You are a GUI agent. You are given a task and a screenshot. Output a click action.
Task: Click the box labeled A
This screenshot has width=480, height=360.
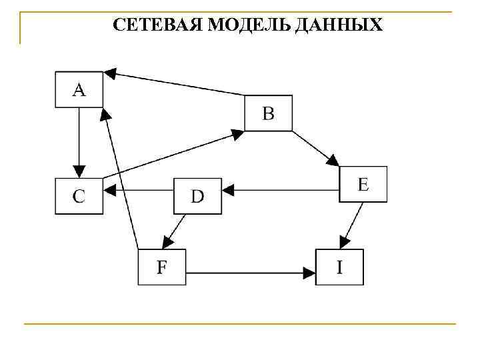(79, 89)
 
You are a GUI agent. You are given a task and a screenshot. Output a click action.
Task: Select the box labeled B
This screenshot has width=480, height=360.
(268, 113)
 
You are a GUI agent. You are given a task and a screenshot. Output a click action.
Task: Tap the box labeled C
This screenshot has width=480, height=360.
(79, 196)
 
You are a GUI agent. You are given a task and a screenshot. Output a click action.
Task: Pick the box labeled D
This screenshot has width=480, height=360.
(197, 196)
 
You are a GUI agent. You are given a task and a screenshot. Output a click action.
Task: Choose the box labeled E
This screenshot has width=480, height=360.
(363, 184)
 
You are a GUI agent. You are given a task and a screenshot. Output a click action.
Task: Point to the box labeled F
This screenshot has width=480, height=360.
(161, 267)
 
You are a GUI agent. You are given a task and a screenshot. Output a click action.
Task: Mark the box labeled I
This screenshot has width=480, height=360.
(339, 267)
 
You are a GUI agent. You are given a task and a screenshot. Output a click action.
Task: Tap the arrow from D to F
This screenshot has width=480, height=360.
(174, 231)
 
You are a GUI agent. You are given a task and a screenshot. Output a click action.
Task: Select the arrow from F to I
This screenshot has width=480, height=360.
(251, 272)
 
